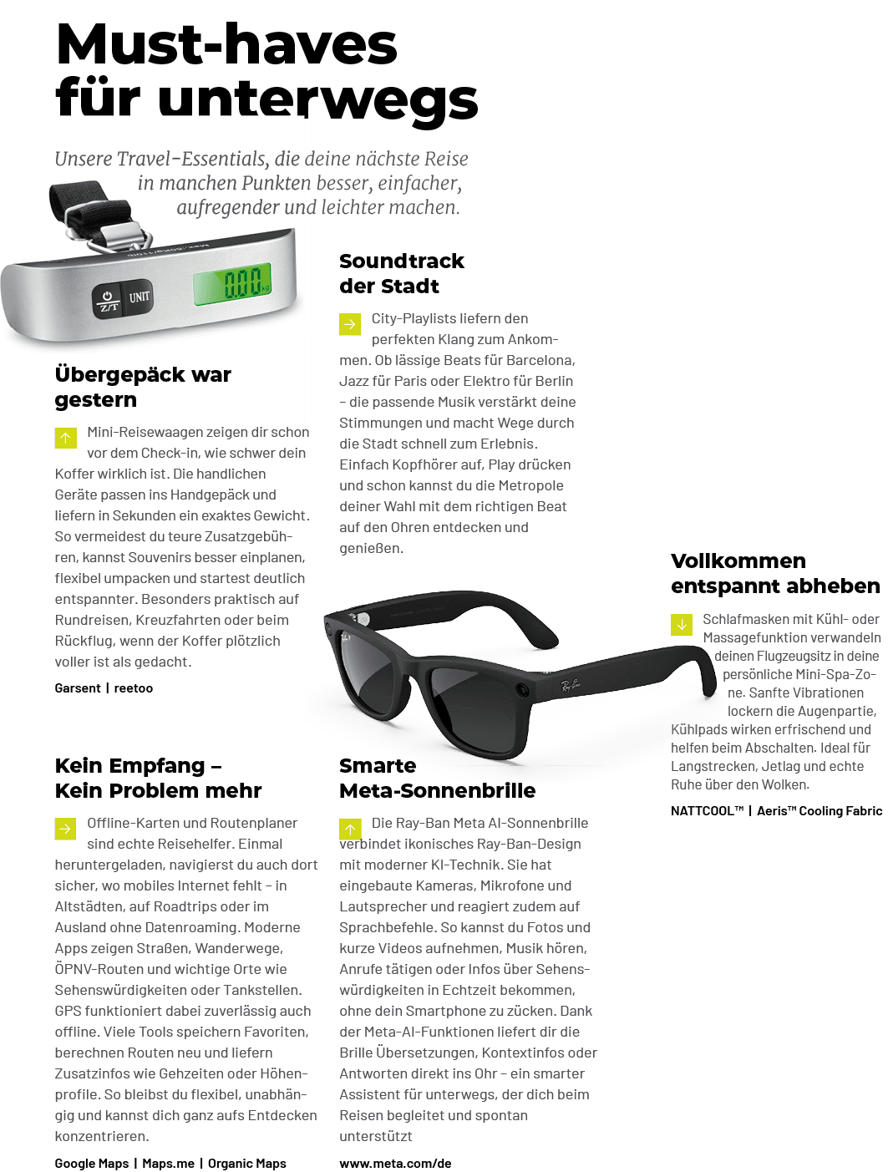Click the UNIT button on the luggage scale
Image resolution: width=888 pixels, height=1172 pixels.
click(140, 297)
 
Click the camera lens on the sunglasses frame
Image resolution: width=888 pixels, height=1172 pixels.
click(522, 690)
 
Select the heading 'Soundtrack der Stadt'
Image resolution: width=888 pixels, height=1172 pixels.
click(402, 273)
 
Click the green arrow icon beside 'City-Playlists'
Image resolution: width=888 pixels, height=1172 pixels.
click(350, 324)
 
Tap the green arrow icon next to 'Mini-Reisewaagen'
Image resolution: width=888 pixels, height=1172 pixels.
click(66, 438)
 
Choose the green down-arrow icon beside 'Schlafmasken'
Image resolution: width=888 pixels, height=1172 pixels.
click(682, 625)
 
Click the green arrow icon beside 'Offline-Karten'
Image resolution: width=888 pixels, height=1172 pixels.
click(66, 829)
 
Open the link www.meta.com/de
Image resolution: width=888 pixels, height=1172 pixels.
click(395, 1163)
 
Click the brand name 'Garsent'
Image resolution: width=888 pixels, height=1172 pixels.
click(78, 688)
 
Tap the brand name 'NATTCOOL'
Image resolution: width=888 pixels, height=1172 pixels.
click(707, 810)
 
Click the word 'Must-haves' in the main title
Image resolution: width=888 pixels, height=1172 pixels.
click(226, 45)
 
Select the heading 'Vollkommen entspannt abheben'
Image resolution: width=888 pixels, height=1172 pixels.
click(774, 573)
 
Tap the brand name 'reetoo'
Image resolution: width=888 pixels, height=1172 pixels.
click(134, 688)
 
